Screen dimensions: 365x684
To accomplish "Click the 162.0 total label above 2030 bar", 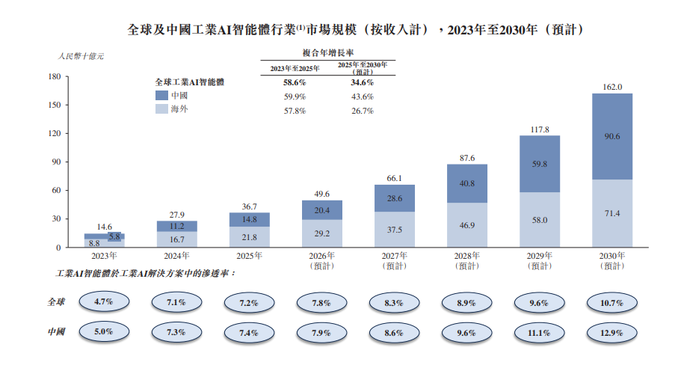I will pyautogui.click(x=612, y=87).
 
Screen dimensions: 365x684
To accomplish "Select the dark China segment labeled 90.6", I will pyautogui.click(x=612, y=136).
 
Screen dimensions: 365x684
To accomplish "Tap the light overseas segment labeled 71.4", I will pyautogui.click(x=612, y=213).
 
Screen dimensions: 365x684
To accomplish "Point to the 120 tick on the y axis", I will pyautogui.click(x=55, y=134).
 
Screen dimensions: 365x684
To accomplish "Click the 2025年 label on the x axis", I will pyautogui.click(x=249, y=256).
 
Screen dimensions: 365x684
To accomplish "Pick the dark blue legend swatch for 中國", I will pyautogui.click(x=161, y=96).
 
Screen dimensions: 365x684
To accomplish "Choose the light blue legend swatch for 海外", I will pyautogui.click(x=161, y=109).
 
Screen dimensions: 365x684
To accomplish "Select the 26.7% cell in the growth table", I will pyautogui.click(x=362, y=110).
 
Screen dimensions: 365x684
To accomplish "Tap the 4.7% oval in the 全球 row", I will pyautogui.click(x=103, y=303).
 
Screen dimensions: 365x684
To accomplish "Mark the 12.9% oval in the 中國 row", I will pyautogui.click(x=612, y=332).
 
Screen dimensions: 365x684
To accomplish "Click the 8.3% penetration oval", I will pyautogui.click(x=394, y=303).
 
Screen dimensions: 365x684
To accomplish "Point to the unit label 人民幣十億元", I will pyautogui.click(x=81, y=56).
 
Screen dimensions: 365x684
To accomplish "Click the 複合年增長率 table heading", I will pyautogui.click(x=327, y=53).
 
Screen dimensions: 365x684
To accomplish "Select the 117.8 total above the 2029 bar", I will pyautogui.click(x=540, y=129).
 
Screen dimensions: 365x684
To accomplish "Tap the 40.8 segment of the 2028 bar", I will pyautogui.click(x=467, y=183).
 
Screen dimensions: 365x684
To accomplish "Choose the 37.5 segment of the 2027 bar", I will pyautogui.click(x=394, y=230).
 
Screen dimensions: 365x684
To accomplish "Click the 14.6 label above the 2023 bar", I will pyautogui.click(x=103, y=227).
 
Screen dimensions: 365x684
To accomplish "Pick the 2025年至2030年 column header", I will pyautogui.click(x=362, y=68).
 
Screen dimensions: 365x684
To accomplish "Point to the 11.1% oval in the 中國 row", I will pyautogui.click(x=540, y=332).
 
